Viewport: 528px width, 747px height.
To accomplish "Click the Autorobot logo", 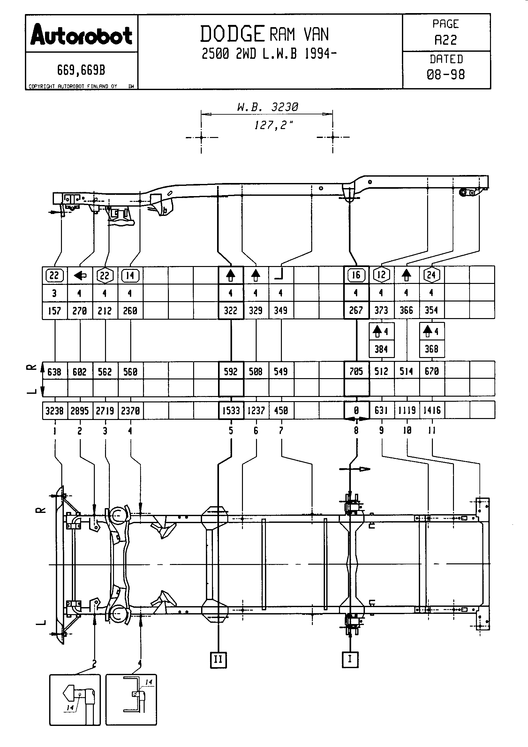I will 81,34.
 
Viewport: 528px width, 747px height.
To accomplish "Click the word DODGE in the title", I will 232,34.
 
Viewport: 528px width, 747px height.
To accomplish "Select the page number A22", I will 446,40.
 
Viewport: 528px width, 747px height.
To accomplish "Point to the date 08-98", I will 446,75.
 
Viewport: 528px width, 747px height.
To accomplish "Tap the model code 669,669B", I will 81,70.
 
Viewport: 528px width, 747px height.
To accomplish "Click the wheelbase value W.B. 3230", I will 268,107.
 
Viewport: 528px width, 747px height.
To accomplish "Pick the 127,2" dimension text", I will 274,125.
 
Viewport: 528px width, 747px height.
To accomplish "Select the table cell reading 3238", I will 54,411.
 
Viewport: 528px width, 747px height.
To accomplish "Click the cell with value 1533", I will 231,411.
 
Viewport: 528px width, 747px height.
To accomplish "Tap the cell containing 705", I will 356,371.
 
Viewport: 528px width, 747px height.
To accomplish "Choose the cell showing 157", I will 54,311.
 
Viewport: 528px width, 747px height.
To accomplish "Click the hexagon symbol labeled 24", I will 432,275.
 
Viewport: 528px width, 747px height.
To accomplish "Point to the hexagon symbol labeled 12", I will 381,275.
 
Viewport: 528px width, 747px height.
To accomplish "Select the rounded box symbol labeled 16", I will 356,275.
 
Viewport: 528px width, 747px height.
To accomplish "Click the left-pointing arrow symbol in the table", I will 80,276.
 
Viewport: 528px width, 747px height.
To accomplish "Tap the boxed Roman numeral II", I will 218,659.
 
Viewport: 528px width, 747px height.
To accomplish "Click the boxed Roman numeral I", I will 350,659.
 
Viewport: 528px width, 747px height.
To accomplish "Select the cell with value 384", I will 381,349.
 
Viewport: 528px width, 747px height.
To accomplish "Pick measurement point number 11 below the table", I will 432,431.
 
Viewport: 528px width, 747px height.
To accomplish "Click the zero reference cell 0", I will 356,411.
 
